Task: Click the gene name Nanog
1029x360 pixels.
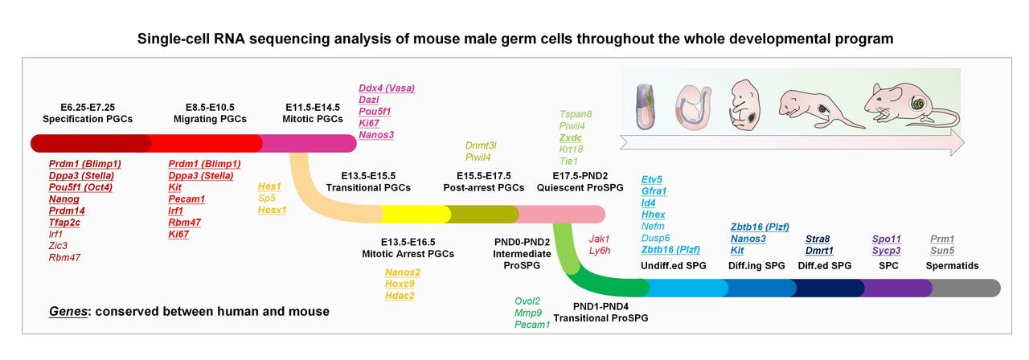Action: pyautogui.click(x=64, y=198)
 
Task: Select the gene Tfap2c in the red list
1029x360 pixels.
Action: pyautogui.click(x=68, y=222)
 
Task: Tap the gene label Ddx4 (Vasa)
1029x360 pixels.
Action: pyautogui.click(x=386, y=88)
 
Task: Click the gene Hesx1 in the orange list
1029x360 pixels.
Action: pyautogui.click(x=272, y=210)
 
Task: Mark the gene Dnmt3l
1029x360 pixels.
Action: pyautogui.click(x=481, y=145)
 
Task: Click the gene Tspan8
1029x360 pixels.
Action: pyautogui.click(x=576, y=114)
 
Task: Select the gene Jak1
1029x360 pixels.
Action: pyautogui.click(x=600, y=239)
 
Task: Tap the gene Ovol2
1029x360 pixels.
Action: pyautogui.click(x=529, y=301)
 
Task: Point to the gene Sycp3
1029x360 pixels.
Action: pyautogui.click(x=886, y=251)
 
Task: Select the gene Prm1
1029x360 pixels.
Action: pyautogui.click(x=942, y=239)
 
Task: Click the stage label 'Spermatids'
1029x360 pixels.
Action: pyautogui.click(x=953, y=265)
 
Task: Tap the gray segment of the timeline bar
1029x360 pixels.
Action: pyautogui.click(x=965, y=288)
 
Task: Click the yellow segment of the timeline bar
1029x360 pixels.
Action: pyautogui.click(x=415, y=214)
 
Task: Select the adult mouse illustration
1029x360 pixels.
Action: pyautogui.click(x=908, y=103)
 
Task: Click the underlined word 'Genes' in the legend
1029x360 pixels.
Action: pyautogui.click(x=68, y=310)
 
